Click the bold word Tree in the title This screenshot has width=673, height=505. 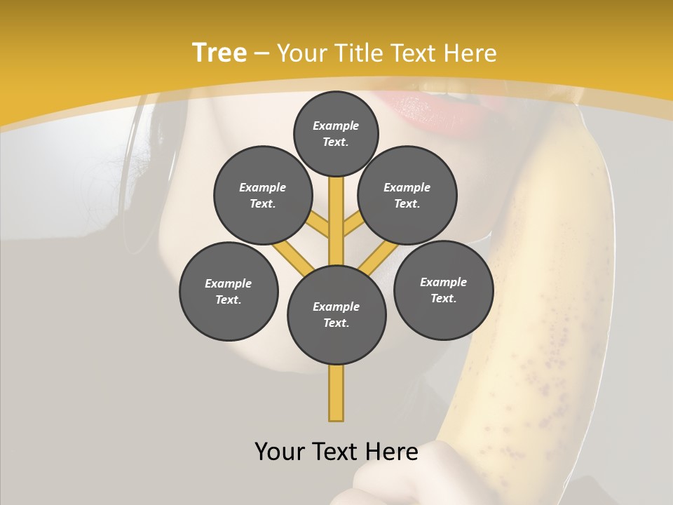(x=219, y=53)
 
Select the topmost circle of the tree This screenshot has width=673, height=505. (x=336, y=133)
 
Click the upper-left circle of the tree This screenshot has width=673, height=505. (x=262, y=196)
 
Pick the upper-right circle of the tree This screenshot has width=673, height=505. (x=407, y=196)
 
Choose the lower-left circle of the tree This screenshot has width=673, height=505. (x=229, y=291)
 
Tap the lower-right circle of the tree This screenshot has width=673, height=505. (x=443, y=290)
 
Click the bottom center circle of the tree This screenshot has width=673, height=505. (x=336, y=315)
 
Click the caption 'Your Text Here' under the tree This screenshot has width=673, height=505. (x=336, y=452)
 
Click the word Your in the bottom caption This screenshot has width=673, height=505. (x=279, y=452)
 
